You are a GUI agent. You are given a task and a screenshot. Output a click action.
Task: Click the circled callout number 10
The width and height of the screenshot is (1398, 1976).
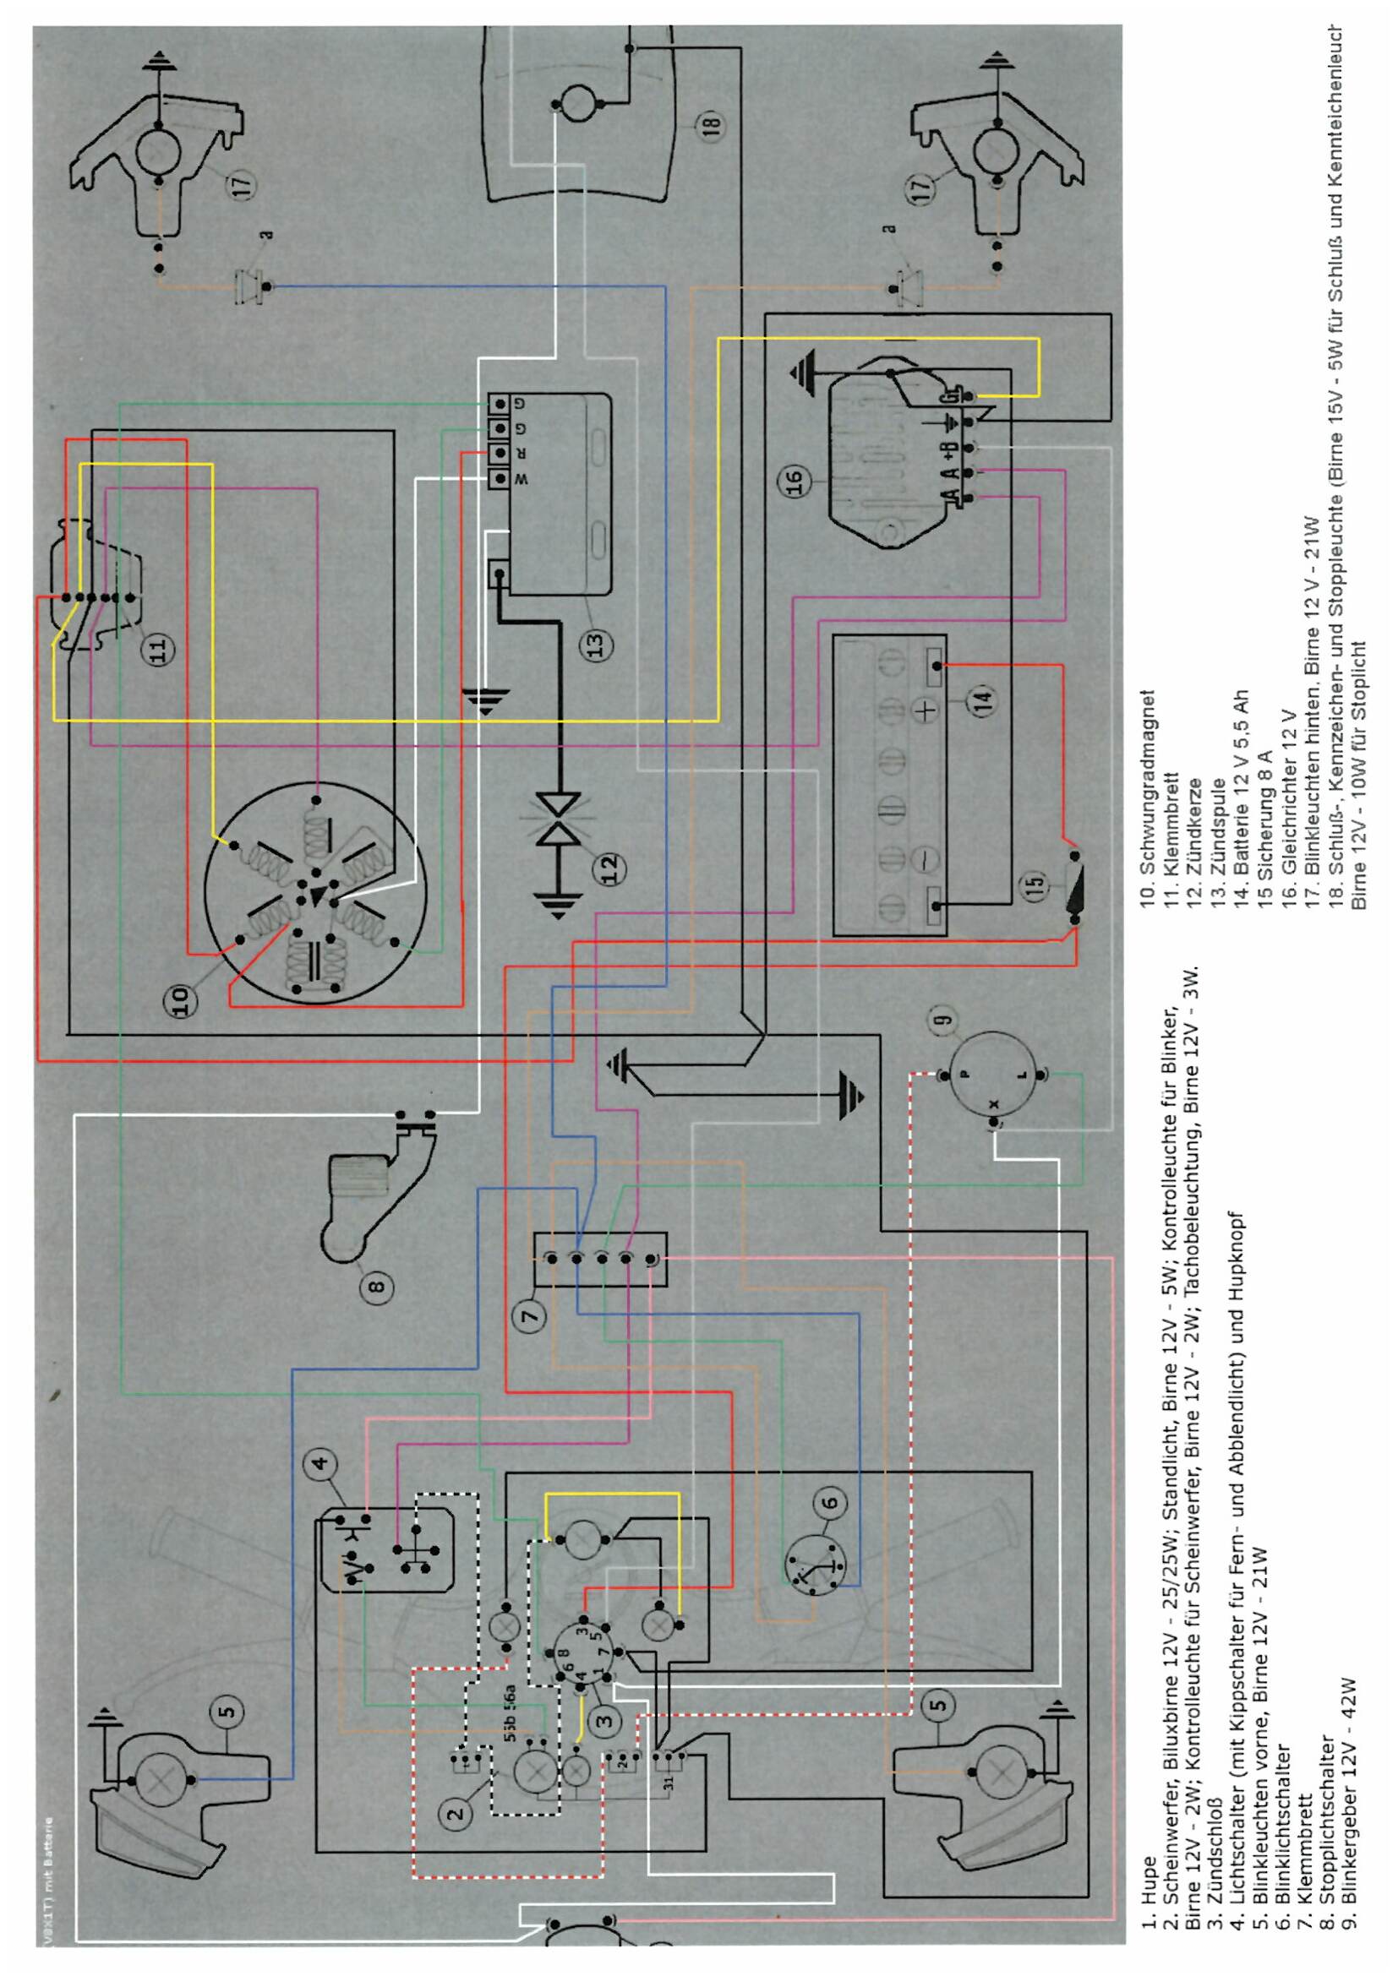(181, 999)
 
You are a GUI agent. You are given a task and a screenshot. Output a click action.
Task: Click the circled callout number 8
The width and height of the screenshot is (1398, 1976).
(378, 1287)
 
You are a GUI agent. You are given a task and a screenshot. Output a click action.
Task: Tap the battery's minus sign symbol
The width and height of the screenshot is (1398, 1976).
(921, 860)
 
